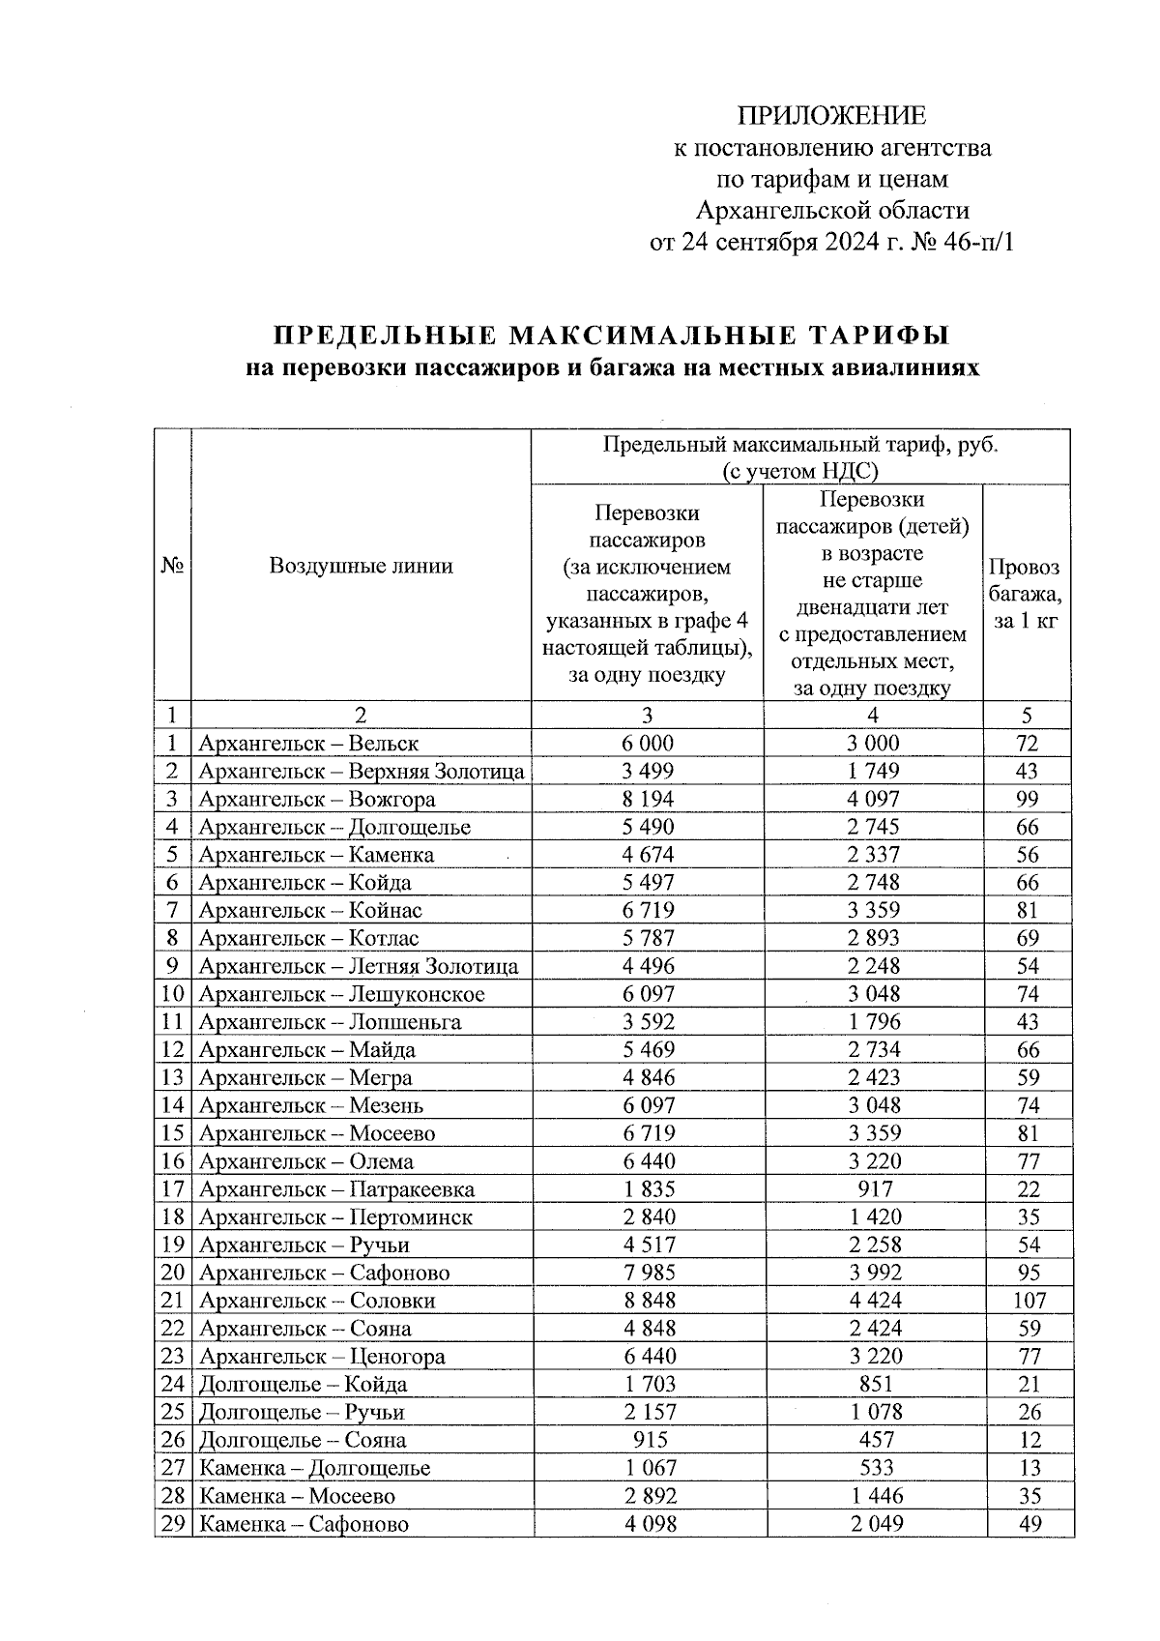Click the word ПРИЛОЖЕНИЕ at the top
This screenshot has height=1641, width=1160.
[x=831, y=117]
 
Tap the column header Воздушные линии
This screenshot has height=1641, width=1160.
[x=361, y=566]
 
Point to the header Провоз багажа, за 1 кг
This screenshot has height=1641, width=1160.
[x=1026, y=594]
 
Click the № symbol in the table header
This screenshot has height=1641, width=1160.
[x=172, y=566]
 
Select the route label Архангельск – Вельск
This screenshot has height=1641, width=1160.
[x=308, y=744]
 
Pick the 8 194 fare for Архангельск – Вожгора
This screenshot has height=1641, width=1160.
[x=647, y=800]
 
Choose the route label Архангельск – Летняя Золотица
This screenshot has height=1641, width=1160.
[x=358, y=967]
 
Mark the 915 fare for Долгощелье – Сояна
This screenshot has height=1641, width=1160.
[x=647, y=1440]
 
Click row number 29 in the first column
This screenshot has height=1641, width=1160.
[x=172, y=1524]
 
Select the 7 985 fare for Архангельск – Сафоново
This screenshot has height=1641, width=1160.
[x=647, y=1274]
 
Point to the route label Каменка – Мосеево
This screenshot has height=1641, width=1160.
[x=297, y=1496]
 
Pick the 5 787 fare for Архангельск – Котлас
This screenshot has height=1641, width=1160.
[x=647, y=939]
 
